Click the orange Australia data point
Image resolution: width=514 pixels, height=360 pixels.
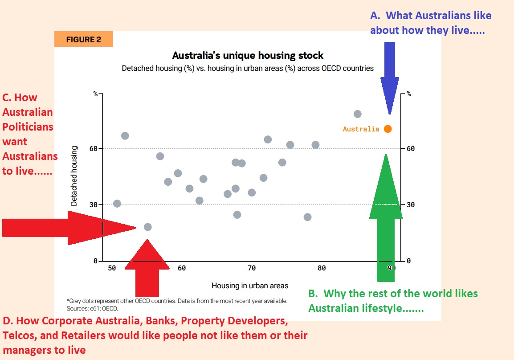coord(388,129)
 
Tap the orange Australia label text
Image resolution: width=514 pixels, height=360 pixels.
coord(361,129)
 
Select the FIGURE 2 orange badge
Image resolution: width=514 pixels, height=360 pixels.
coord(84,39)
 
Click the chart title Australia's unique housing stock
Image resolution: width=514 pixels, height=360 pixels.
coord(248,55)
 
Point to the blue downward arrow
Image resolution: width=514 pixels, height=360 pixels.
coord(389,78)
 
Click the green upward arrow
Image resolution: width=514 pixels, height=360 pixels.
coord(386,218)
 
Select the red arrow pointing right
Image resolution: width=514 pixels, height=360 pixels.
coord(69,228)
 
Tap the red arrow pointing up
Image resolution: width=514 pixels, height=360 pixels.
coord(147,268)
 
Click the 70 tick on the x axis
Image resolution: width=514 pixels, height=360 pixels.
coord(251,268)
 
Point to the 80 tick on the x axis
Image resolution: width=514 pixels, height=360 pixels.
coord(322,268)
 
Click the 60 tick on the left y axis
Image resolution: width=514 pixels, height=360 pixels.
coord(94,148)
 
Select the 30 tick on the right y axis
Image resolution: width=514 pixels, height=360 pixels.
coord(411,205)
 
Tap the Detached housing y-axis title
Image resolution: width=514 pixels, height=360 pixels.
coord(74,176)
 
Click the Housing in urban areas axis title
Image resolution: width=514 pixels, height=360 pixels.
coord(250,286)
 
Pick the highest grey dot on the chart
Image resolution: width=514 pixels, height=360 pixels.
coord(358,114)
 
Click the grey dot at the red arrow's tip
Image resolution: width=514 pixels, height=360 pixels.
coord(148,227)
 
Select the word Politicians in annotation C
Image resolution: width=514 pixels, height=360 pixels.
coord(28,127)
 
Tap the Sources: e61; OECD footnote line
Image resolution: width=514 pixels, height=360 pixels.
coord(92,308)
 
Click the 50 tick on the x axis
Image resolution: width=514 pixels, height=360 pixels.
coord(112,268)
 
